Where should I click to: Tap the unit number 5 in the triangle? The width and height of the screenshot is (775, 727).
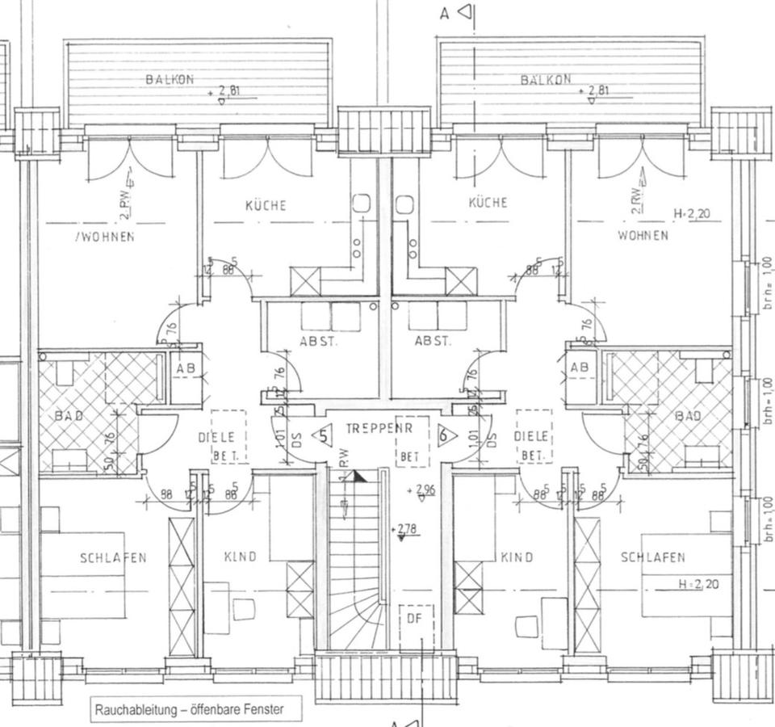pyautogui.click(x=324, y=435)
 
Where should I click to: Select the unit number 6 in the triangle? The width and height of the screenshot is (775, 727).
pyautogui.click(x=443, y=435)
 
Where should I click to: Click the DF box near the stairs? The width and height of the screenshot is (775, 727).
pyautogui.click(x=415, y=619)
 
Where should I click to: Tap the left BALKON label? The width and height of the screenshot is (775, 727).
pyautogui.click(x=170, y=79)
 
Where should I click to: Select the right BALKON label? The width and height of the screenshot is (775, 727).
pyautogui.click(x=546, y=79)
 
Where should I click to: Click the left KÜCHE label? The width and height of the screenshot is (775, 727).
pyautogui.click(x=266, y=205)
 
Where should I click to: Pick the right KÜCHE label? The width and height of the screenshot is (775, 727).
pyautogui.click(x=488, y=202)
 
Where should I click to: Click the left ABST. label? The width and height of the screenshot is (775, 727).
pyautogui.click(x=319, y=341)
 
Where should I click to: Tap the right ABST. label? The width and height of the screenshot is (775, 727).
pyautogui.click(x=434, y=341)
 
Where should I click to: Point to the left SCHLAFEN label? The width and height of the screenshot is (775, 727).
pyautogui.click(x=113, y=557)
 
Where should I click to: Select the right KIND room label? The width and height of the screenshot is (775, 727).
pyautogui.click(x=517, y=557)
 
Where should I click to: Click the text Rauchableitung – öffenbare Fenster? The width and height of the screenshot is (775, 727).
pyautogui.click(x=189, y=710)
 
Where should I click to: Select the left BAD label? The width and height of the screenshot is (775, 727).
pyautogui.click(x=69, y=416)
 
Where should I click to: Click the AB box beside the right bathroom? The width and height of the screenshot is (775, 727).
pyautogui.click(x=580, y=367)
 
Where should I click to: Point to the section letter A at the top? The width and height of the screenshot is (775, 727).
pyautogui.click(x=444, y=13)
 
